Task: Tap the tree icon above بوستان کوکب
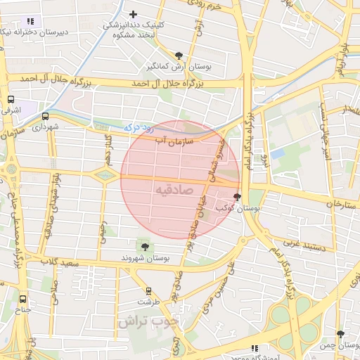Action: click(236, 198)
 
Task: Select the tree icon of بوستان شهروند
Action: click(145, 246)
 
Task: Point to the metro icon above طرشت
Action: click(148, 290)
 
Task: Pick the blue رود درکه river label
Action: click(139, 128)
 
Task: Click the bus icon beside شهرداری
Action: click(46, 117)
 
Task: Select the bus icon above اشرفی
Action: click(11, 101)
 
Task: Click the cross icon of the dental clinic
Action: click(134, 14)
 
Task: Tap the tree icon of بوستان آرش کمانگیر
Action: click(179, 56)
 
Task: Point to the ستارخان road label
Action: click(340, 203)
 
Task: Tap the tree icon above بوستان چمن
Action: click(340, 334)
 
